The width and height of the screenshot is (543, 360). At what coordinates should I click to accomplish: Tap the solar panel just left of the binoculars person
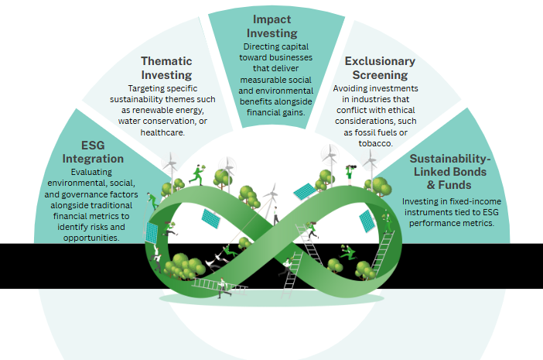click(x=303, y=190)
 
